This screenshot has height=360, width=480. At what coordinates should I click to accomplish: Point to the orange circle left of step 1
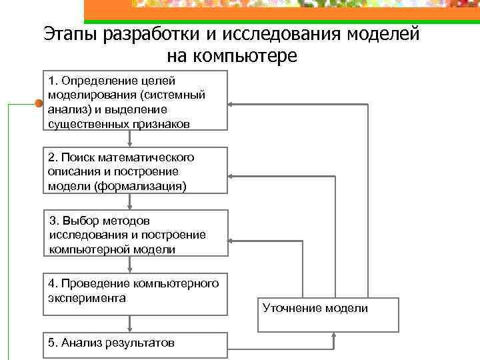pyautogui.click(x=38, y=103)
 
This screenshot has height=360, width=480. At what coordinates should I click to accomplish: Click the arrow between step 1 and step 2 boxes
pyautogui.click(x=130, y=138)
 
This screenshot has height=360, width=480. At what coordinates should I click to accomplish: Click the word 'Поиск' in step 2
pyautogui.click(x=78, y=157)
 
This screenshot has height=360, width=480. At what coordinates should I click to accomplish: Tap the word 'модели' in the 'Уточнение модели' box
pyautogui.click(x=349, y=307)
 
